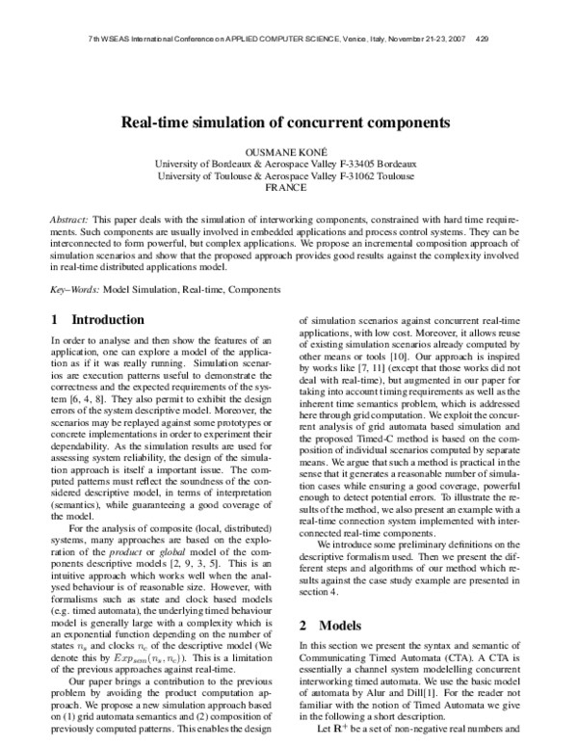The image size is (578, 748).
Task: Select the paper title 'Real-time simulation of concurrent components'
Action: pyautogui.click(x=285, y=122)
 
